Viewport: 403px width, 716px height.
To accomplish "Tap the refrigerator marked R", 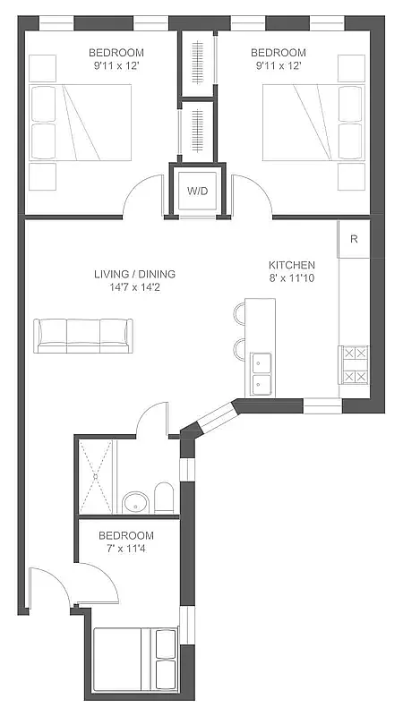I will [x=355, y=239].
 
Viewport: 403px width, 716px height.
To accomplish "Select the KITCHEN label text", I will [x=292, y=265].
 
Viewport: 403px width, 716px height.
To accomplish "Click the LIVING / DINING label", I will [x=134, y=274].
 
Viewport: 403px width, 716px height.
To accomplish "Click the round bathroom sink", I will [x=135, y=503].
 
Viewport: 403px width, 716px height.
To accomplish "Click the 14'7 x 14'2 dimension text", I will [x=134, y=288].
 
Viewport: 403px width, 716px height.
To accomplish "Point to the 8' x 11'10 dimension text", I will [x=292, y=279].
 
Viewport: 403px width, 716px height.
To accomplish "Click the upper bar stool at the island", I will [x=241, y=313].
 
